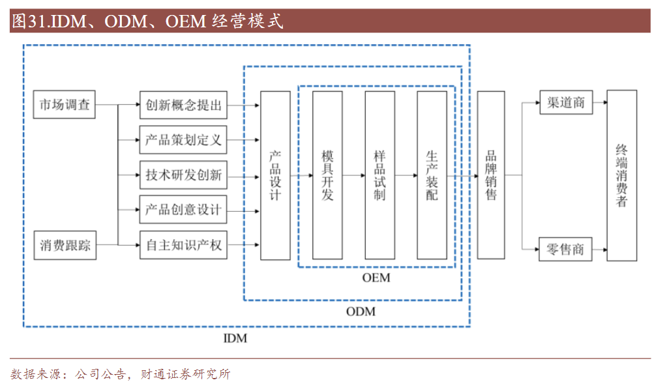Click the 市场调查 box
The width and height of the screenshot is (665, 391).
[x=65, y=104]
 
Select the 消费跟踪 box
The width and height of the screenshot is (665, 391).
[x=65, y=246]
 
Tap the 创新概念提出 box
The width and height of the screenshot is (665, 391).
[x=183, y=104]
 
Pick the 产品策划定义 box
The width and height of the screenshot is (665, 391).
[x=183, y=139]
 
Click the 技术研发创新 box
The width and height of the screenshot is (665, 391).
[x=183, y=175]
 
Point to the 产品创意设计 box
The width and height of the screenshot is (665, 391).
[x=183, y=210]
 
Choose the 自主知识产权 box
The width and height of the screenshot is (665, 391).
[x=183, y=246]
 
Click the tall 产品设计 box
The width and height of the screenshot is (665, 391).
[x=275, y=175]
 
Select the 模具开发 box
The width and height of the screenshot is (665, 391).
[x=327, y=175]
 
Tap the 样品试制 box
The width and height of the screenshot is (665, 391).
[x=379, y=175]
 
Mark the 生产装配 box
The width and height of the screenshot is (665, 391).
[x=432, y=175]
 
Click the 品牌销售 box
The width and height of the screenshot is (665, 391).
[x=491, y=175]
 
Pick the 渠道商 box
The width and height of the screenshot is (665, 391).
[x=566, y=103]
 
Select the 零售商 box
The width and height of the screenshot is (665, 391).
[x=566, y=249]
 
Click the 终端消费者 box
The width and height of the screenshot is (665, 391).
[x=621, y=175]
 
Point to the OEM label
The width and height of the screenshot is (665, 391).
[x=376, y=278]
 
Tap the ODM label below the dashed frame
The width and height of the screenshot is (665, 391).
[x=361, y=311]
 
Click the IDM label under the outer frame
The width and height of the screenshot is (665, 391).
[x=235, y=339]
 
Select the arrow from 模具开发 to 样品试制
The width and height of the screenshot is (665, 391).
[x=353, y=175]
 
